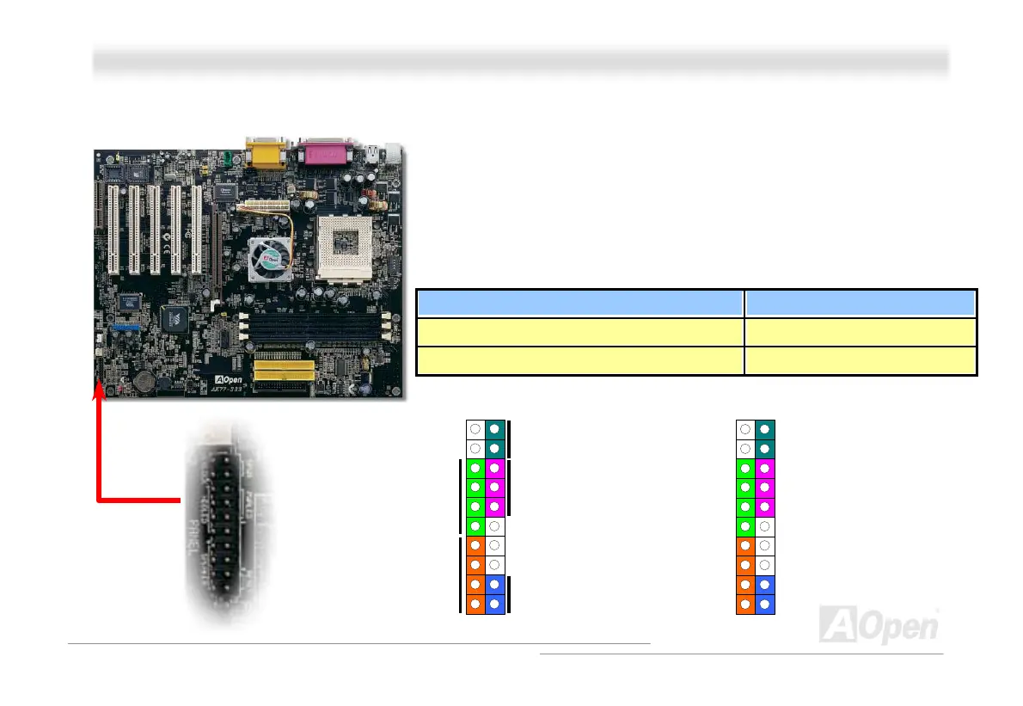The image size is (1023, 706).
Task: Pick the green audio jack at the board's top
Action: [x=221, y=158]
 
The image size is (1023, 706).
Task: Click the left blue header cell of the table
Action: [x=580, y=304]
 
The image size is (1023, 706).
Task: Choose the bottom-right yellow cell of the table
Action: [x=861, y=361]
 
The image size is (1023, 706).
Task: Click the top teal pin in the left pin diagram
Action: [x=495, y=428]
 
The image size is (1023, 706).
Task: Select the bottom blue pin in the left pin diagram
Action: [x=495, y=605]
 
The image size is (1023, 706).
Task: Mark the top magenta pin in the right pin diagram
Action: [x=764, y=468]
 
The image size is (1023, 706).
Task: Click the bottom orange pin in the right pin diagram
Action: [x=744, y=605]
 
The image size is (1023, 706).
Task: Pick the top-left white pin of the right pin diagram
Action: [x=744, y=428]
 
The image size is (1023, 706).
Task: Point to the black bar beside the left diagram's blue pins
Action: [x=510, y=594]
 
